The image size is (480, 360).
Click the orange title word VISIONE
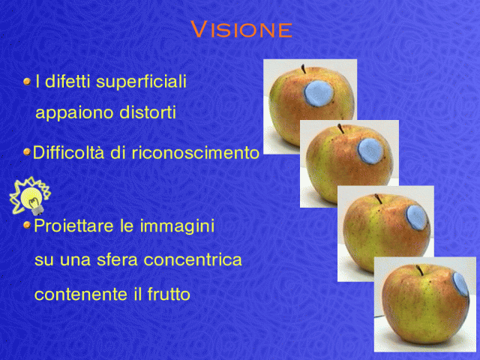(241, 29)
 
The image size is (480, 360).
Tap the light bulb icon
(30, 196)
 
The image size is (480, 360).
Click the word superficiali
(141, 82)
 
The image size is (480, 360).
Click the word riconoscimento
(195, 152)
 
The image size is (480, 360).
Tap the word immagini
(177, 226)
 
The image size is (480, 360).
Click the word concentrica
(193, 260)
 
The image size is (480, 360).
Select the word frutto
(169, 294)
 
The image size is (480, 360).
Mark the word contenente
(80, 295)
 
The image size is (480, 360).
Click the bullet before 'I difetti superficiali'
(27, 82)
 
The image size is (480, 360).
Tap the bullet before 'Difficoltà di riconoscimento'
(27, 151)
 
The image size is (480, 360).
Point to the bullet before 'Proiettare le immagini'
(27, 225)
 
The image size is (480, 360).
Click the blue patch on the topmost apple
(319, 93)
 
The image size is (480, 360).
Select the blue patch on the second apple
(370, 151)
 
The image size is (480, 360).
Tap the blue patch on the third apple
(416, 217)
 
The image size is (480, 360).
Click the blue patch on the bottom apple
(460, 284)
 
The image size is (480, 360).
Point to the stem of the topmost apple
(303, 69)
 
